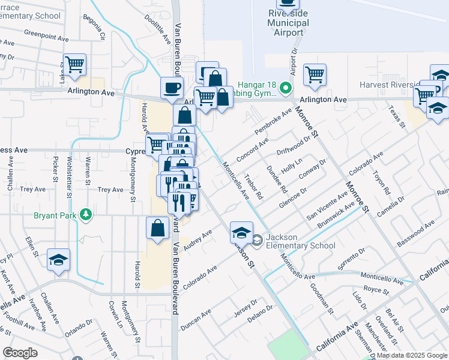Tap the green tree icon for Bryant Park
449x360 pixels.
[86, 214]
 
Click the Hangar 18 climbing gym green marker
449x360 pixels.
[286, 89]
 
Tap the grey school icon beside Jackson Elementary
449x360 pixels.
[257, 241]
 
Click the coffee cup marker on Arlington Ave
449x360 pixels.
[172, 88]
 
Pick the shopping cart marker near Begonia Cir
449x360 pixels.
[74, 64]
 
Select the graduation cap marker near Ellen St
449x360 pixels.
[59, 260]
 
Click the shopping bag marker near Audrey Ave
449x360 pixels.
[157, 228]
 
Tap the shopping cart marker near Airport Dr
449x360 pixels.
[315, 74]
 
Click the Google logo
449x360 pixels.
[20, 353]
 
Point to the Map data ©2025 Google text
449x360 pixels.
[412, 355]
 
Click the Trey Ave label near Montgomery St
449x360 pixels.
[110, 190]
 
